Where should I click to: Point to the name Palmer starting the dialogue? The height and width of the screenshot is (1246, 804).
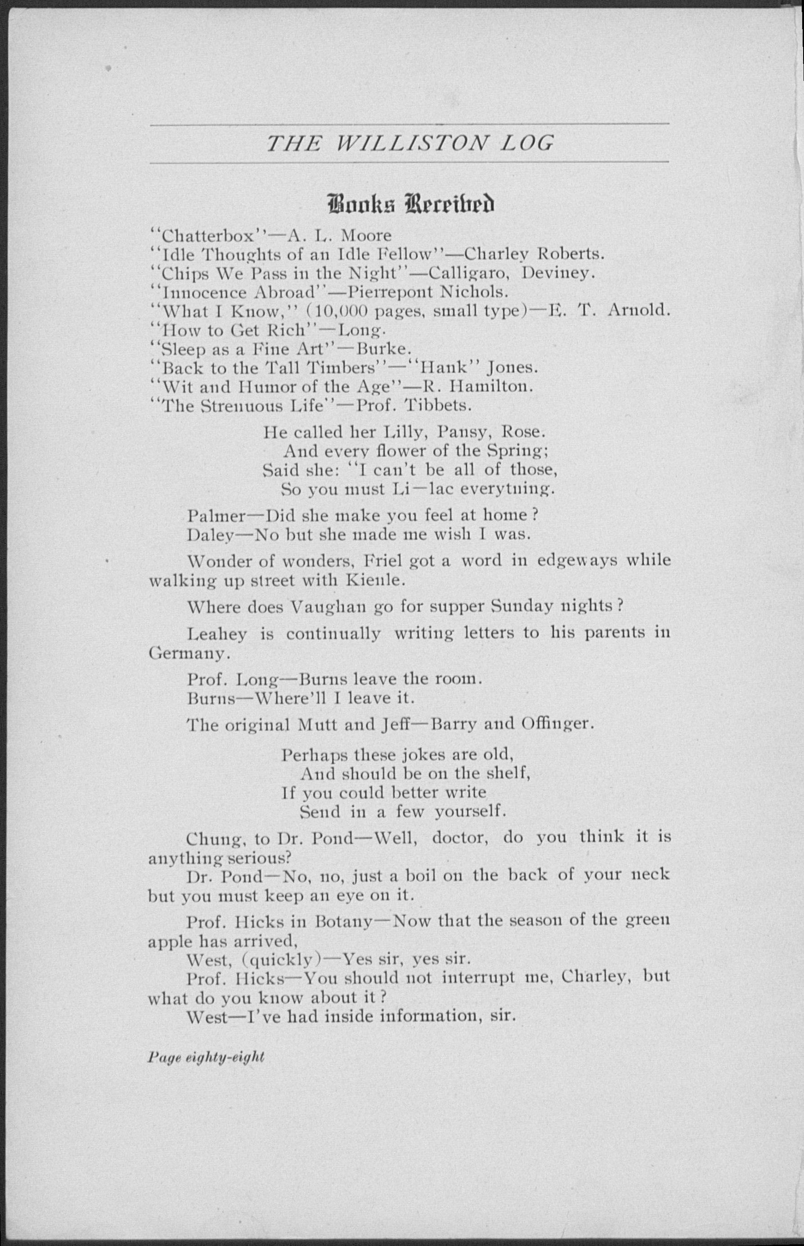[x=216, y=515]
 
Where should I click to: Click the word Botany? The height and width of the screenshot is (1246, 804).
[x=343, y=922]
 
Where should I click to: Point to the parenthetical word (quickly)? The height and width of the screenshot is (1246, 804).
[x=281, y=960]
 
